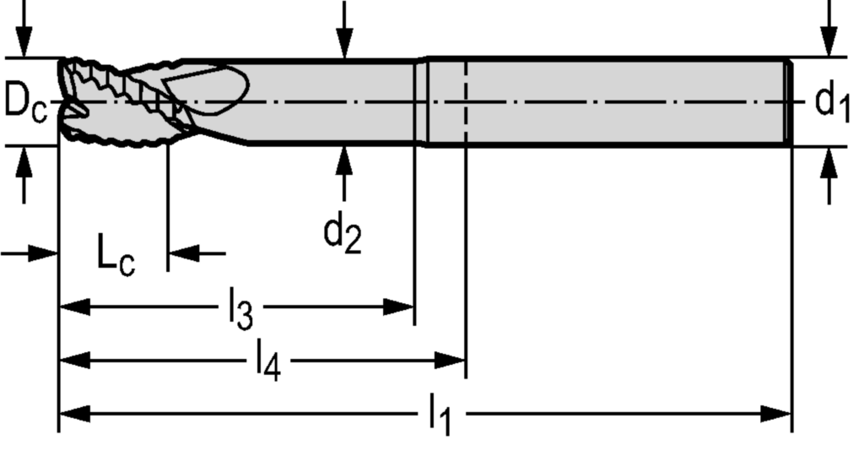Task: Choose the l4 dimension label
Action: (268, 362)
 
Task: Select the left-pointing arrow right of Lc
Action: (182, 252)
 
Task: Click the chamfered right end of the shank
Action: (788, 102)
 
